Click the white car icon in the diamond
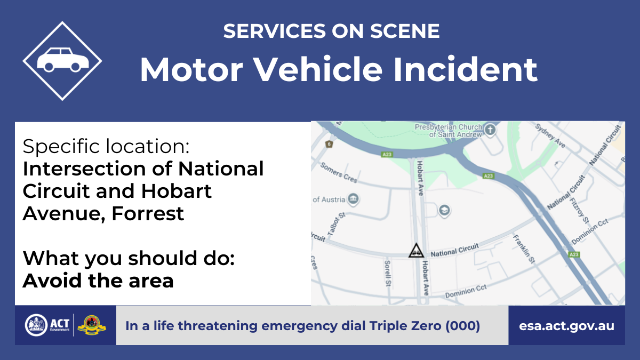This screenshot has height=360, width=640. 63,60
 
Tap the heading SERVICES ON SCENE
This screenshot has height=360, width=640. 331,31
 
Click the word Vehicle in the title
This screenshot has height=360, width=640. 318,70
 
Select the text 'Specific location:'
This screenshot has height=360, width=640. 106,146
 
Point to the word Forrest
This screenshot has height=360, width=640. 148,213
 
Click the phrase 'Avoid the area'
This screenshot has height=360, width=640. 98,281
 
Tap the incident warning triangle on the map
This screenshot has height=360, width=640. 416,251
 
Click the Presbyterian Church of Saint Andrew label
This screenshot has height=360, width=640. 449,131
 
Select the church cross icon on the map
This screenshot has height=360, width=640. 490,130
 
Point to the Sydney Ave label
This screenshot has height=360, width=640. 550,135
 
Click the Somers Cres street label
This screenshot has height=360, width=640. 339,172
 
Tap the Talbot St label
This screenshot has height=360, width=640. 337,225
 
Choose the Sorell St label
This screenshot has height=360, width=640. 387,274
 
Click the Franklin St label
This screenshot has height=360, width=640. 524,249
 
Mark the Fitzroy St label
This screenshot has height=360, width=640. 579,211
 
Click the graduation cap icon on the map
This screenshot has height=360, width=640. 444,211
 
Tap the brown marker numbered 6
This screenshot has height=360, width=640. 329,144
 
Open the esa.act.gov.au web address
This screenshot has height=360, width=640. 566,326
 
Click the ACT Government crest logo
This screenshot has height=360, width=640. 36,325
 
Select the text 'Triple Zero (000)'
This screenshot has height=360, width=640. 425,326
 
